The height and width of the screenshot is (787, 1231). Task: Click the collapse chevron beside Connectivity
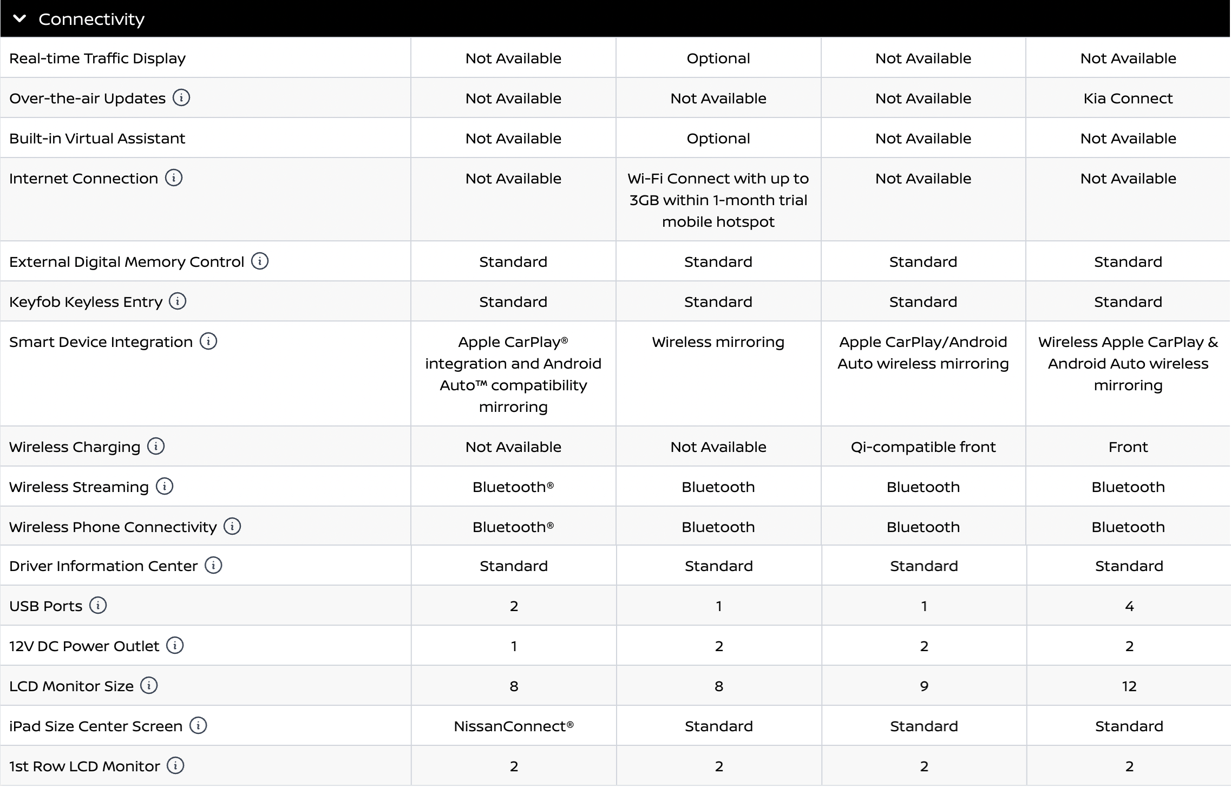(19, 19)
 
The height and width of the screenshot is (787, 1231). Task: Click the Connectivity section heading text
(91, 19)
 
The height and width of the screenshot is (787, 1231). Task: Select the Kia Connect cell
(1128, 99)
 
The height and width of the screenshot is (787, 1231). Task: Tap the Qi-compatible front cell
(923, 447)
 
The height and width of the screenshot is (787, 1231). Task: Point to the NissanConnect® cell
(513, 726)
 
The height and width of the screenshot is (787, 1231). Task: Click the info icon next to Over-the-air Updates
(181, 98)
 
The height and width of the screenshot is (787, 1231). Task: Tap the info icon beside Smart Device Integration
(208, 342)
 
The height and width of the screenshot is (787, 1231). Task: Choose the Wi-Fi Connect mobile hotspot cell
(718, 200)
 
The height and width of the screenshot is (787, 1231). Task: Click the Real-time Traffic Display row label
(97, 58)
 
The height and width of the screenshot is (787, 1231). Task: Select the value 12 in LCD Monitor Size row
(1129, 686)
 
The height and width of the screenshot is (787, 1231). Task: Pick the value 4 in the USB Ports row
(1129, 606)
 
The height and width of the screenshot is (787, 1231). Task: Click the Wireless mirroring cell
(718, 342)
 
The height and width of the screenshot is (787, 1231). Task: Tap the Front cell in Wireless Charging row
(1128, 447)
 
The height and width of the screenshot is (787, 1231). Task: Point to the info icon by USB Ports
(98, 605)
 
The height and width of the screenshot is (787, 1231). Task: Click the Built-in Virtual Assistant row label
(97, 139)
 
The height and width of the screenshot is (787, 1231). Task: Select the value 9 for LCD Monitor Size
(924, 686)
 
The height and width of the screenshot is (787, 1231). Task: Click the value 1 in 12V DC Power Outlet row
(513, 646)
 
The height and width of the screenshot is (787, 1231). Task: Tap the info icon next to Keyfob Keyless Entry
(178, 301)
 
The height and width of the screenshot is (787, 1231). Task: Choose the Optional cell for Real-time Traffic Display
(718, 58)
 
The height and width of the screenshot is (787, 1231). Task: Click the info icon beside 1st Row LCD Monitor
(175, 765)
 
